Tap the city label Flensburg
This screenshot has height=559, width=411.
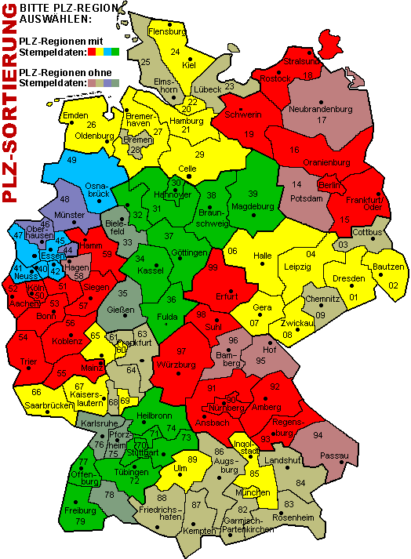tap(167, 31)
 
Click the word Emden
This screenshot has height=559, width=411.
tap(75, 116)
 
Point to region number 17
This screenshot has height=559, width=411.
tap(321, 121)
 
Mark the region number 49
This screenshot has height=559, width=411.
tap(71, 161)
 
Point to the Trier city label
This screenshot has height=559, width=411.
tap(28, 362)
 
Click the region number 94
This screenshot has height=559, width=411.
tap(318, 435)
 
